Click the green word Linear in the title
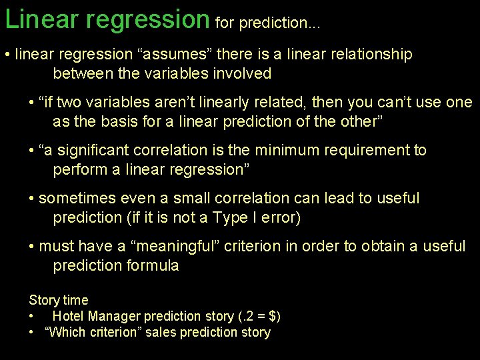click(41, 19)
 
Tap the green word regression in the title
click(148, 20)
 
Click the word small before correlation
click(191, 198)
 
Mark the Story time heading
click(59, 301)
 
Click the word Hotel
click(67, 316)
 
